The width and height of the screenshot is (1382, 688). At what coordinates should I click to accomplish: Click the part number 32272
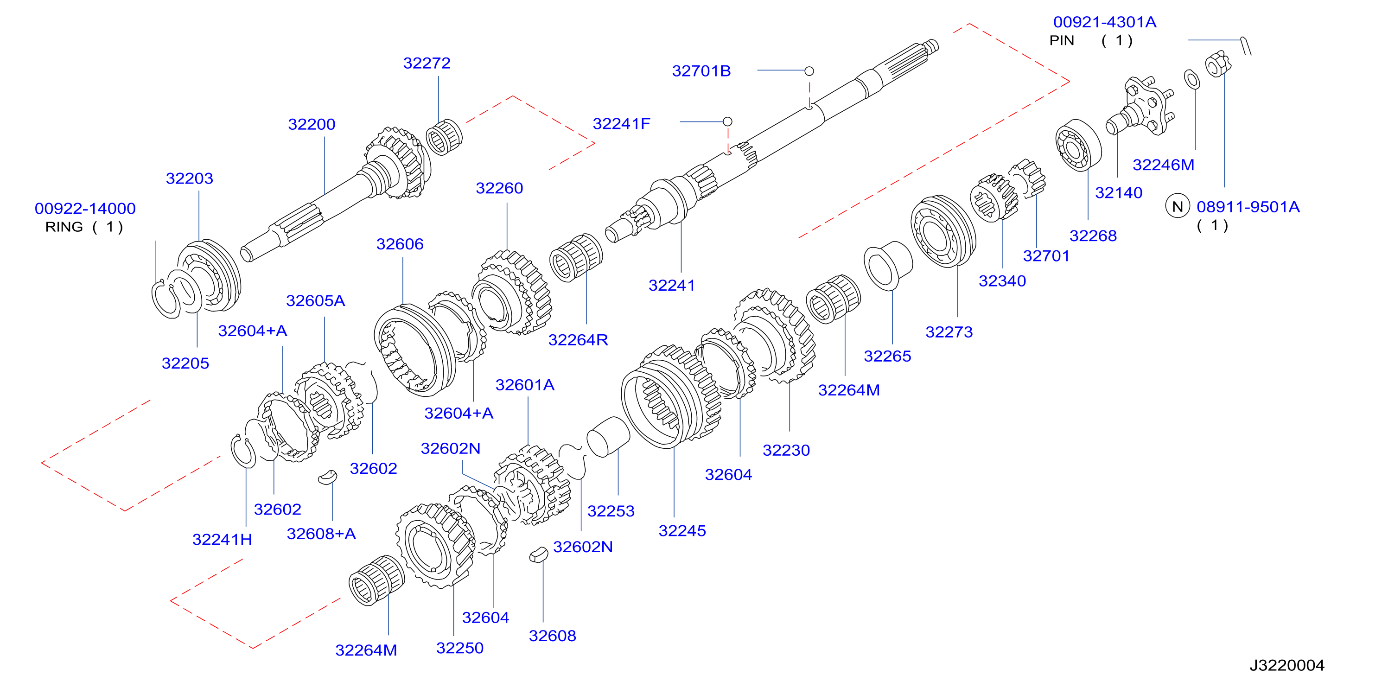click(427, 64)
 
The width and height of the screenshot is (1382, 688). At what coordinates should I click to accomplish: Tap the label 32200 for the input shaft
click(312, 125)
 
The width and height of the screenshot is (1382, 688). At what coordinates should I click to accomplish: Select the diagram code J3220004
click(1286, 665)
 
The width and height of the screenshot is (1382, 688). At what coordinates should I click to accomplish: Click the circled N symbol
click(1178, 207)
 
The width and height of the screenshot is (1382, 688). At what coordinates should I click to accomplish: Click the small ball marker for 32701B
click(809, 71)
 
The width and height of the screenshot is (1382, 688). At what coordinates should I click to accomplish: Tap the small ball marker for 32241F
click(727, 122)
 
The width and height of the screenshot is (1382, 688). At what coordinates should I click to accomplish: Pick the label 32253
click(611, 511)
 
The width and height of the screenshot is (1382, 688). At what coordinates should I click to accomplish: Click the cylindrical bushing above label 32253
click(608, 436)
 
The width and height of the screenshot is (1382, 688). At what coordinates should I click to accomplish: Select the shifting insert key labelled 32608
click(538, 554)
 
